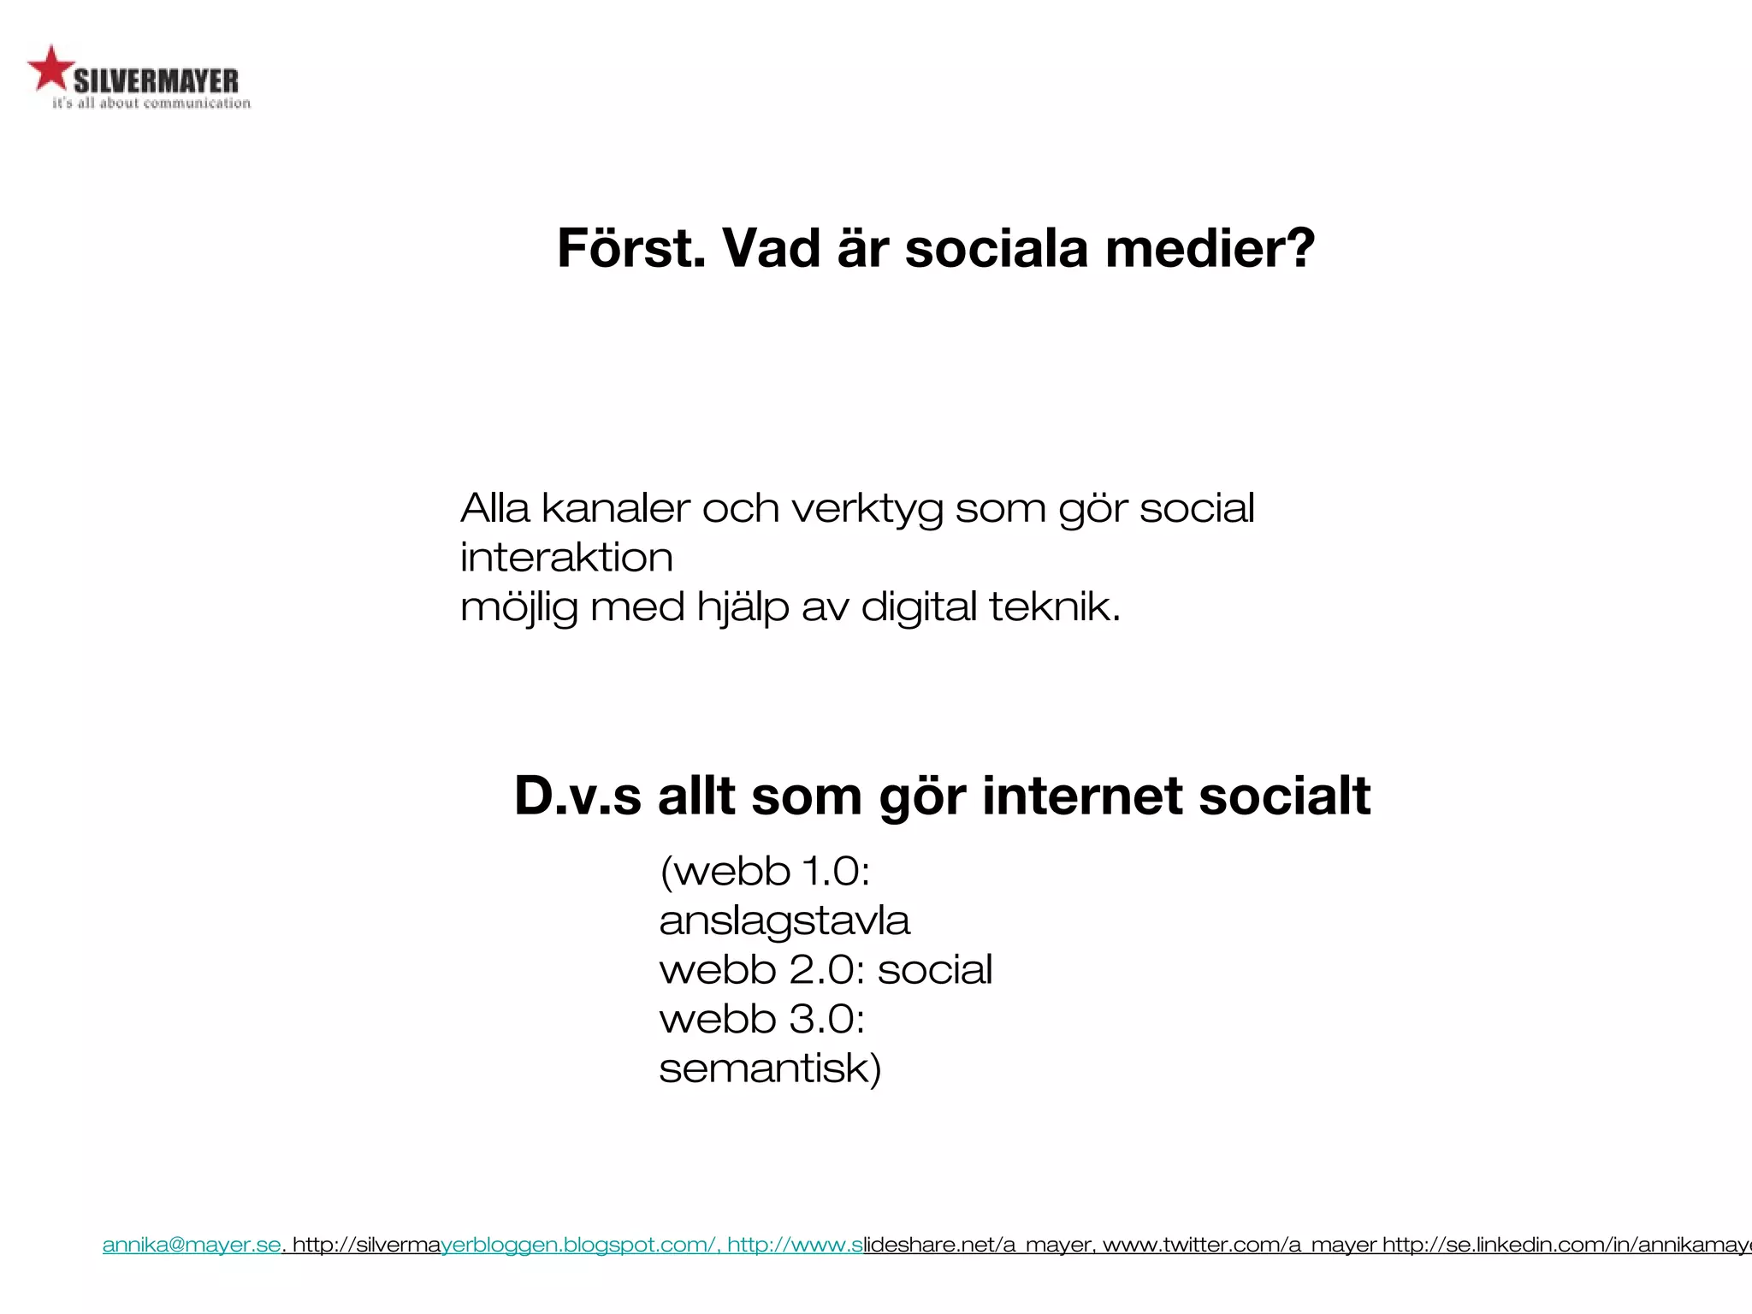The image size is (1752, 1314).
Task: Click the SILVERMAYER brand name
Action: coord(156,81)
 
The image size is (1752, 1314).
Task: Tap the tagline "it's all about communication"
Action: coord(151,104)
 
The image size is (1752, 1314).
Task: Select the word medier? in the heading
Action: coord(1210,248)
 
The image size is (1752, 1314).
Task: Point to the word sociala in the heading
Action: coord(997,248)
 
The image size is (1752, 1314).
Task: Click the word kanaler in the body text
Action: coord(615,508)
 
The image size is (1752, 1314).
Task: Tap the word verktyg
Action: coord(867,510)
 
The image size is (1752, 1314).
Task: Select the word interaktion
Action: coord(566,558)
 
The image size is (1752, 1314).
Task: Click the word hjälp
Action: coord(742,608)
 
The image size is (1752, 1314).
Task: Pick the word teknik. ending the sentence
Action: coord(1054,607)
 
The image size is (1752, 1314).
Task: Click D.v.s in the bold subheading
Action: coord(577,796)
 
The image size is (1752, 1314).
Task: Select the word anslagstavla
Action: coord(784,921)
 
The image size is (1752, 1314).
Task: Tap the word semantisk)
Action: coord(770,1068)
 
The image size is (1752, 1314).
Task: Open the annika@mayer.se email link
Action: coord(192,1245)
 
